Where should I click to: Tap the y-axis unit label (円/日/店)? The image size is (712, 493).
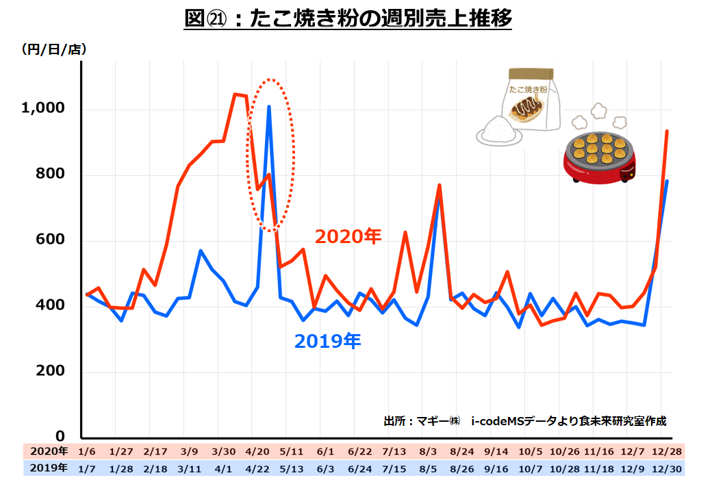pyautogui.click(x=54, y=49)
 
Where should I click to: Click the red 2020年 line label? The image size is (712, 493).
pyautogui.click(x=348, y=237)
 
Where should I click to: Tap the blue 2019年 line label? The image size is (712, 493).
pyautogui.click(x=327, y=341)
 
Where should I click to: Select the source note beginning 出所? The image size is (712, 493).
pyautogui.click(x=524, y=421)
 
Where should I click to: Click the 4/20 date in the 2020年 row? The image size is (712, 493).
pyautogui.click(x=257, y=452)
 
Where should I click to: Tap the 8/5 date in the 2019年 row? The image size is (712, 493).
pyautogui.click(x=428, y=468)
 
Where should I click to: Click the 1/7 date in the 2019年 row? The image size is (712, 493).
pyautogui.click(x=88, y=468)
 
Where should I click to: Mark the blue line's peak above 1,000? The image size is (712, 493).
pyautogui.click(x=269, y=107)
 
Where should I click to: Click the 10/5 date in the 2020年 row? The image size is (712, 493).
pyautogui.click(x=529, y=452)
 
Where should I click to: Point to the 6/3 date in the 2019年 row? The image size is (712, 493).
pyautogui.click(x=326, y=468)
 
